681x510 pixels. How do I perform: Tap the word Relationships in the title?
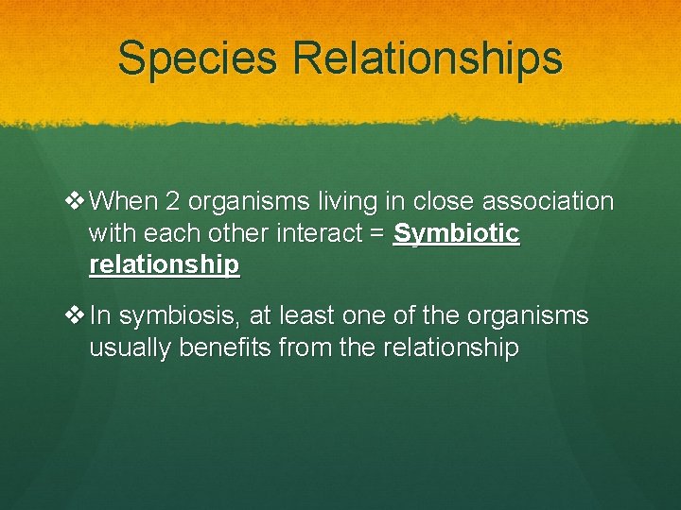pos(428,58)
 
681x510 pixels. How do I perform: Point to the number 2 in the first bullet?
pos(172,201)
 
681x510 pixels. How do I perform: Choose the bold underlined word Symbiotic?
pos(456,233)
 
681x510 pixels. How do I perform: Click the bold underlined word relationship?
pos(164,265)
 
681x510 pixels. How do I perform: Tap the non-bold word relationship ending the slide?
pos(451,348)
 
